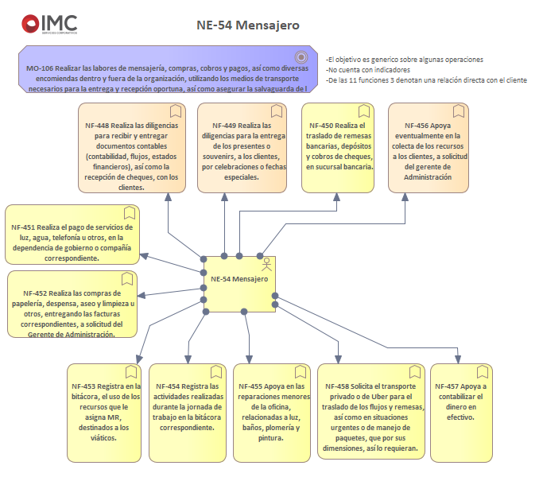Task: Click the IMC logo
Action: click(48, 25)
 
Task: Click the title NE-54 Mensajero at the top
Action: click(247, 25)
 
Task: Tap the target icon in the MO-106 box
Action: click(301, 56)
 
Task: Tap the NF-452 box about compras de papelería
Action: click(72, 305)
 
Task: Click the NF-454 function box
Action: click(186, 412)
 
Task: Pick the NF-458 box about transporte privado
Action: click(369, 412)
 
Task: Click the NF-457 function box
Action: click(460, 412)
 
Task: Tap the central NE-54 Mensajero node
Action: click(239, 284)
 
